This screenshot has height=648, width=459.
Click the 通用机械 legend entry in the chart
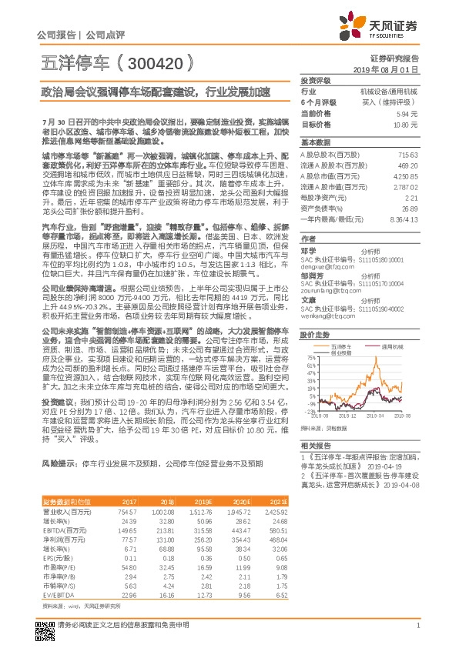click(391, 347)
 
